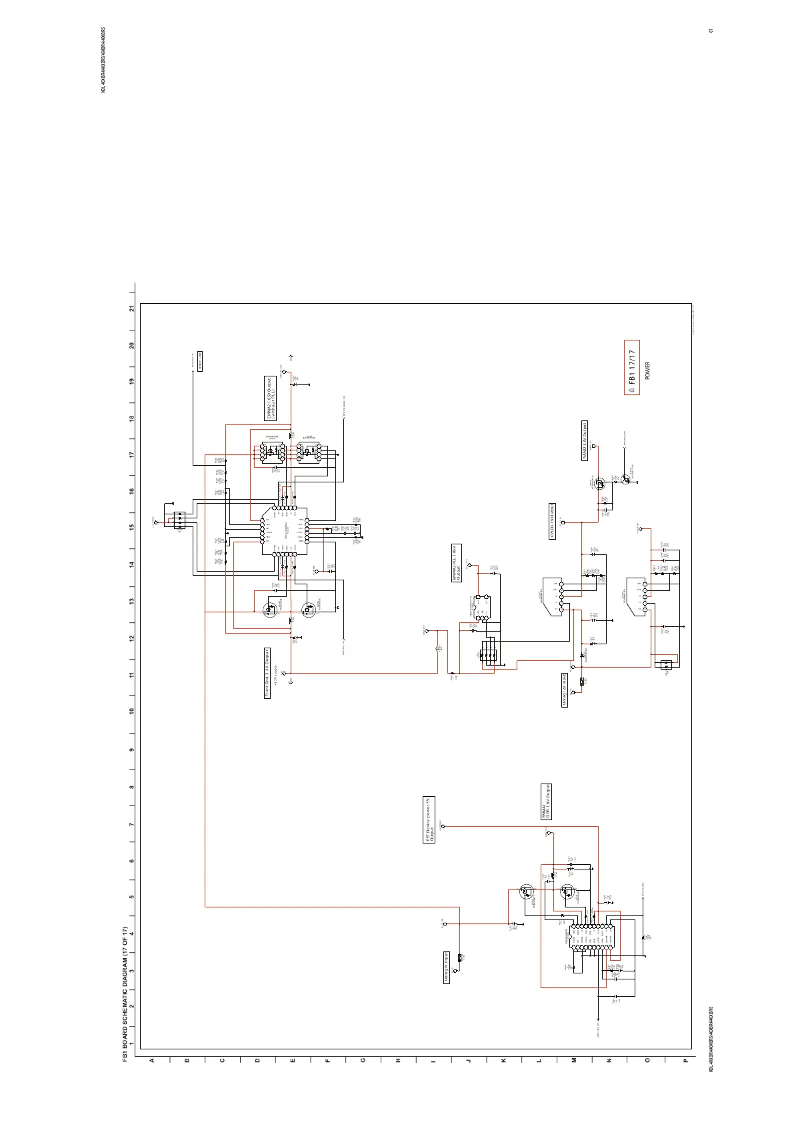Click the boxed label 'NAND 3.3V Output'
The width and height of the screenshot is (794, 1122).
[x=585, y=441]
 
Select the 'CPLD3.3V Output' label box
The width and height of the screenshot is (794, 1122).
[x=552, y=521]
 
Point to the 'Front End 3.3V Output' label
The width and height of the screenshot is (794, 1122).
[x=267, y=673]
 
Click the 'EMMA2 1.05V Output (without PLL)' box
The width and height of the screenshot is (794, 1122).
[x=270, y=398]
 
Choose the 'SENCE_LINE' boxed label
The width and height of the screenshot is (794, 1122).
[x=200, y=362]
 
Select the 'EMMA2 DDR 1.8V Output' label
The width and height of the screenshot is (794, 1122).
[x=546, y=802]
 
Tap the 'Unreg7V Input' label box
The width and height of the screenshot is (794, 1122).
[x=447, y=967]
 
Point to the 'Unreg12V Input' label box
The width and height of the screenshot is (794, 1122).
[x=564, y=690]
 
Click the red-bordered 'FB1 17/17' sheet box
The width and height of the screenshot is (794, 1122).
[x=631, y=367]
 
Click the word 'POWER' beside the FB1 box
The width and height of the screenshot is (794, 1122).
[x=648, y=371]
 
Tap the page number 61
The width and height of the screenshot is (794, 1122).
[x=712, y=31]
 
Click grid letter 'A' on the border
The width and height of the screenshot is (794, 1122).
[x=152, y=1061]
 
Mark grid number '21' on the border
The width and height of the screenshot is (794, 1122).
[x=132, y=308]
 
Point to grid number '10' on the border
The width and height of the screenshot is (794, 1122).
[x=132, y=712]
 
